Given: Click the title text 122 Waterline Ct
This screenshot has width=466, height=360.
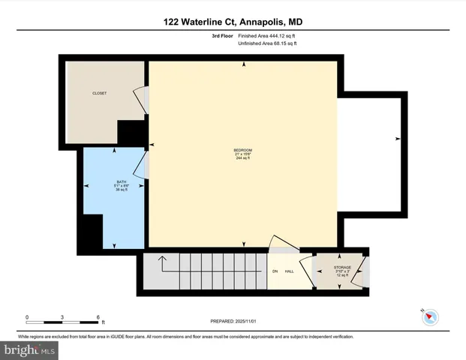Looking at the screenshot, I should [201, 22].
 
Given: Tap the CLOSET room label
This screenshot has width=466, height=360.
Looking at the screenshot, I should [99, 94].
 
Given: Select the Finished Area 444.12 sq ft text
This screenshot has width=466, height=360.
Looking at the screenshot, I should [268, 36].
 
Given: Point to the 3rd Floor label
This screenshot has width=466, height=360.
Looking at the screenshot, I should [223, 36].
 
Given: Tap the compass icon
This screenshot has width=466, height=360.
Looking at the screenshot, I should [430, 317].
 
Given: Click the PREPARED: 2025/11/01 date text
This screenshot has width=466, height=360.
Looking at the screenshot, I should [233, 321].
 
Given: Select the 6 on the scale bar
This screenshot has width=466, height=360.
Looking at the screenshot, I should [98, 316].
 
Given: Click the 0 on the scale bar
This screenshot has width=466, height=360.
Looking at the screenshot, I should [27, 316].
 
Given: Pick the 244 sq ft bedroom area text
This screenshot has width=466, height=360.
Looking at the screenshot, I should [242, 159].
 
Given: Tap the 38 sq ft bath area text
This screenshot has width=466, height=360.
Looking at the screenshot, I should [116, 190].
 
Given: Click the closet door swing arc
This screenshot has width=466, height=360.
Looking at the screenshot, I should [140, 100].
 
